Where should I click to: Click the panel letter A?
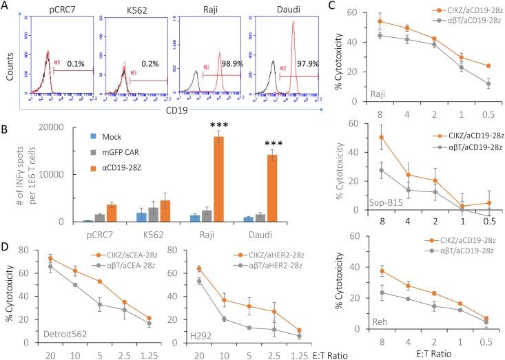pyautogui.click(x=9, y=8)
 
